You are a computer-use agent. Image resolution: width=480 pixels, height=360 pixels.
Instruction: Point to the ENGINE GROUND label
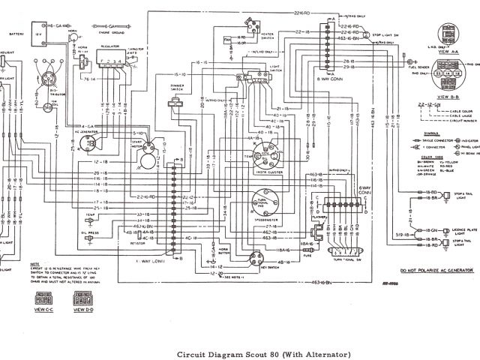(110, 33)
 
